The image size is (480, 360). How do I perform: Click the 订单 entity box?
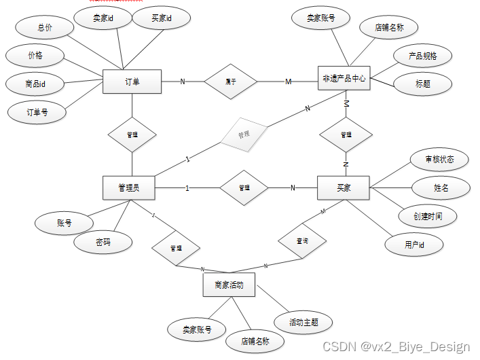(x=132, y=82)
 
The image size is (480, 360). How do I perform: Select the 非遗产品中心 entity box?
(x=344, y=79)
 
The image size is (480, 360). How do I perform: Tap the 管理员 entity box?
(x=128, y=187)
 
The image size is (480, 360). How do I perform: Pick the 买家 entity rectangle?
(x=344, y=187)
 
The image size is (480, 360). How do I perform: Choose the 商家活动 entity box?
(x=229, y=285)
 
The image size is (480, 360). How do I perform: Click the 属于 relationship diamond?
(x=231, y=82)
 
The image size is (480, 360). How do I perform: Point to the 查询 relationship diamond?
(x=302, y=241)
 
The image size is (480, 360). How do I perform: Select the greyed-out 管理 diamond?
(x=243, y=134)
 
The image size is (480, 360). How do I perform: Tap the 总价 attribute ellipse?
(x=44, y=28)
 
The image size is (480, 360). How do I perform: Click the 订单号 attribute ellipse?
(x=37, y=111)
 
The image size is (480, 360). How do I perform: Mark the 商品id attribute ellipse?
(x=35, y=84)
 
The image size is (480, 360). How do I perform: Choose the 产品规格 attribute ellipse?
(x=422, y=56)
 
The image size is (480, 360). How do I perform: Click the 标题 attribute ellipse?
(x=422, y=84)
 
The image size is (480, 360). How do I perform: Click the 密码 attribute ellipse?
(x=103, y=241)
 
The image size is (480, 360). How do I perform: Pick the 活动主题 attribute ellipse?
(x=303, y=322)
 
